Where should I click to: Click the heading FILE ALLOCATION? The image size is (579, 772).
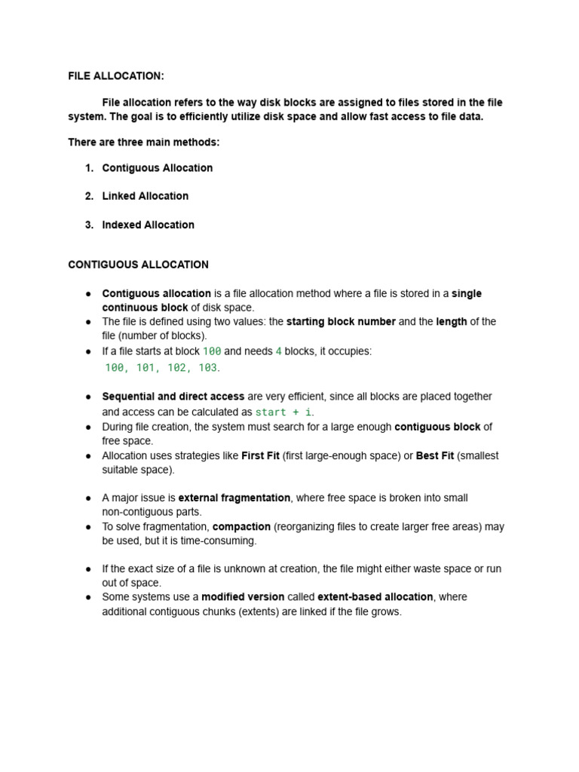tap(115, 76)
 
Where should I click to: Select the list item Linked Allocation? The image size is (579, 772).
tap(145, 196)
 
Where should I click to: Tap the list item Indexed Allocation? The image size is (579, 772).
tap(148, 225)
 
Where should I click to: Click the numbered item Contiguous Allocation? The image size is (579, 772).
tap(157, 168)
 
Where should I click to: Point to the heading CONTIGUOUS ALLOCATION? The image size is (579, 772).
tap(138, 265)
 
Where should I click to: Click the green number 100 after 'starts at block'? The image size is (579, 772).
tap(212, 352)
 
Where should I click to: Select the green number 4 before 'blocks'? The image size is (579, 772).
tap(279, 352)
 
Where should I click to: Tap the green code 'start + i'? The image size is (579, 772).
tap(283, 412)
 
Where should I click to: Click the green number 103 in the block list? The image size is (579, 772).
tap(207, 368)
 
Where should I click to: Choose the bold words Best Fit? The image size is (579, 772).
tap(435, 455)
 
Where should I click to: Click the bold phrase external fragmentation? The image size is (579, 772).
tap(234, 498)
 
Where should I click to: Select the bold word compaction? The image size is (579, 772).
tap(241, 526)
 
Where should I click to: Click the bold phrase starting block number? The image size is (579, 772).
tap(341, 322)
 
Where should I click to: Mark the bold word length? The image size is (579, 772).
tap(452, 322)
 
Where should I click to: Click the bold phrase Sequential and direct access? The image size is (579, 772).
tap(173, 397)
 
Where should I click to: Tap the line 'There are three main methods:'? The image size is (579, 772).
tap(144, 142)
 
